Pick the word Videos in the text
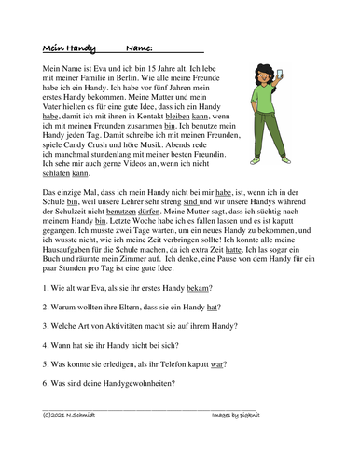pyautogui.click(x=133, y=174)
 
